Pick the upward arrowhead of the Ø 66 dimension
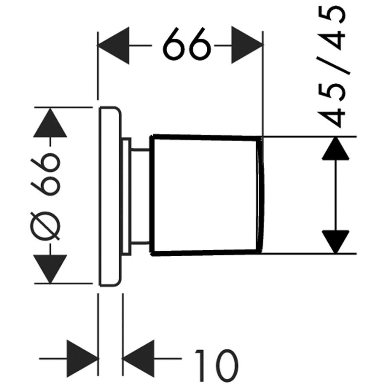51,123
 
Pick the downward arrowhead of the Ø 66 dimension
51,269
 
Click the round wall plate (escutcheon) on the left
110,196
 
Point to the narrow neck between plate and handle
140,196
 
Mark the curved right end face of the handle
260,196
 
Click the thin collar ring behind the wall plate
126,196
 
